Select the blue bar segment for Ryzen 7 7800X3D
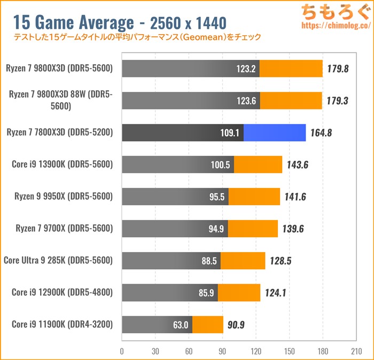(275, 132)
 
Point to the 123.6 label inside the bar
(247, 100)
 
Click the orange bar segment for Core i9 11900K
(208, 324)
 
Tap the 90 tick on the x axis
(222, 352)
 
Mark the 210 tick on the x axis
(356, 352)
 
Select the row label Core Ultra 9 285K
(58, 261)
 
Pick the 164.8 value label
(321, 132)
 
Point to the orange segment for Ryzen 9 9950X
(254, 197)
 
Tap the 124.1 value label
(276, 293)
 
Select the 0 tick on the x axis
(122, 352)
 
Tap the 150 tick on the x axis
(289, 352)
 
